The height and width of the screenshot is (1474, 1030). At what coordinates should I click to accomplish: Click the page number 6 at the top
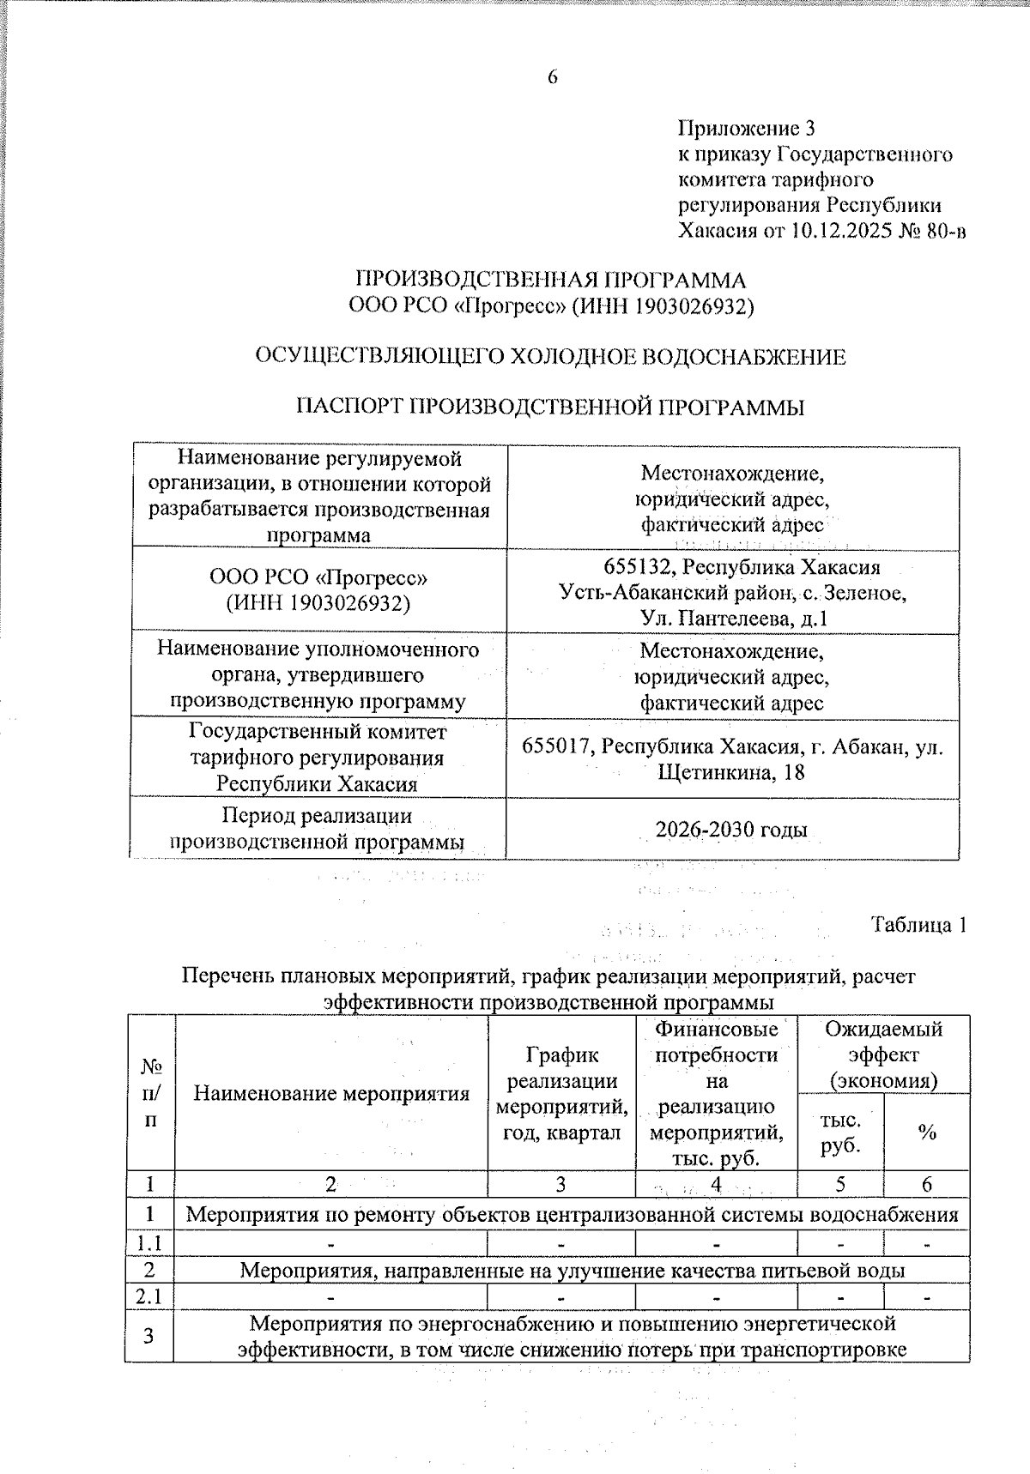[x=552, y=77]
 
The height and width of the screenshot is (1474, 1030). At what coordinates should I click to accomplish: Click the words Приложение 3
[x=745, y=129]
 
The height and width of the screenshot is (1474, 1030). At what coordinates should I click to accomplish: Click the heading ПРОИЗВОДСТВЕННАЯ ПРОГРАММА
[x=550, y=281]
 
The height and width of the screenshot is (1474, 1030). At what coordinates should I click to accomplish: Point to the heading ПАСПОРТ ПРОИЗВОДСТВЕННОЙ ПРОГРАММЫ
[x=550, y=407]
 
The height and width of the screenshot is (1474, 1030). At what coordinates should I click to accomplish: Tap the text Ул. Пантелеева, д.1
[x=733, y=618]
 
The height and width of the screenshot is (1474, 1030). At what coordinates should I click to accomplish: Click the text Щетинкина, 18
[x=731, y=772]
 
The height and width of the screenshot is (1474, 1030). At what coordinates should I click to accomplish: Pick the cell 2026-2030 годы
[x=731, y=830]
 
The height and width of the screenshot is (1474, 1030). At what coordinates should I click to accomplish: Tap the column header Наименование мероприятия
[x=331, y=1093]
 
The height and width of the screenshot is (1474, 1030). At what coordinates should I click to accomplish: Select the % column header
[x=926, y=1132]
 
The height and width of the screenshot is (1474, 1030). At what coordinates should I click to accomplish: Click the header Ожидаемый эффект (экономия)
[x=883, y=1054]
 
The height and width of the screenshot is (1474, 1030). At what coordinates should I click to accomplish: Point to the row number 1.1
[x=149, y=1242]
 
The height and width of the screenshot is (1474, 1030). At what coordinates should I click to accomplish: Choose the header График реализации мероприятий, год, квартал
[x=561, y=1093]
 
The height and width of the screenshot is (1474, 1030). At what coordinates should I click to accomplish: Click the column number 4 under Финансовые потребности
[x=715, y=1185]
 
